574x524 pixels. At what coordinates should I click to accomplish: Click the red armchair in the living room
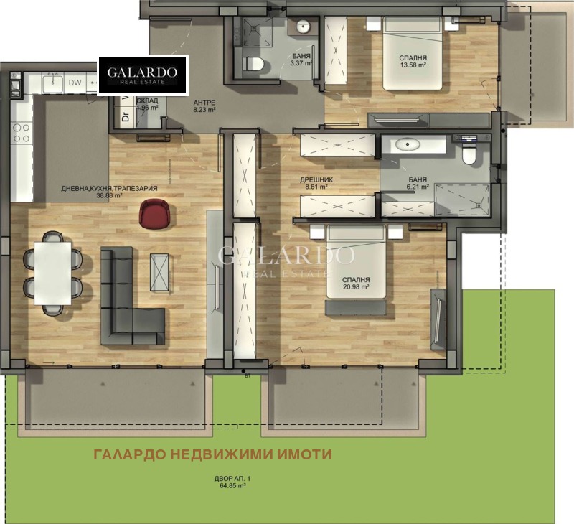(156, 213)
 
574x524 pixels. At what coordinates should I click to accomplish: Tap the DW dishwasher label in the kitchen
(75, 82)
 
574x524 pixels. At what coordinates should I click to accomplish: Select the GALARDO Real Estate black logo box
(143, 75)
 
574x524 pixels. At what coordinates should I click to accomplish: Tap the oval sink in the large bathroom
(407, 144)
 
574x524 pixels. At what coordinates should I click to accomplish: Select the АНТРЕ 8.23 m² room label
(204, 107)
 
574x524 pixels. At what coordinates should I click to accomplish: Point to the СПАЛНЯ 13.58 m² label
(414, 62)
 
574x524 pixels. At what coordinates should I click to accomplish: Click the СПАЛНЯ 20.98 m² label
(356, 284)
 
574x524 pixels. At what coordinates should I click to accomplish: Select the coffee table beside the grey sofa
(161, 272)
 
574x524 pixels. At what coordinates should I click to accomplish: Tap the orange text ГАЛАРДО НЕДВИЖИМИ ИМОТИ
(213, 454)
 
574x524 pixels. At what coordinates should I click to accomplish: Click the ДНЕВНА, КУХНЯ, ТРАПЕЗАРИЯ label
(110, 192)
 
